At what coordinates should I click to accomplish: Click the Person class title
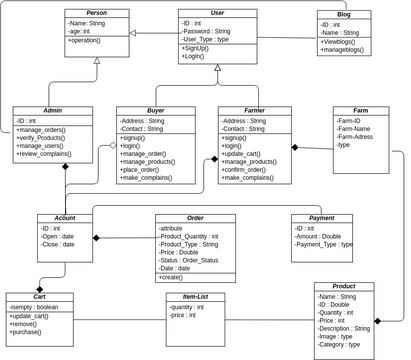[96, 12]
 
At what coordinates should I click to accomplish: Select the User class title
[217, 12]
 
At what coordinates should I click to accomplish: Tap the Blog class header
[344, 15]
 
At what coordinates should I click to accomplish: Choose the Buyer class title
[154, 111]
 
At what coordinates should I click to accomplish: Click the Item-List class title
[189, 295]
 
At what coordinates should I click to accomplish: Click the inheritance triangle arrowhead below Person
[96, 61]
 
